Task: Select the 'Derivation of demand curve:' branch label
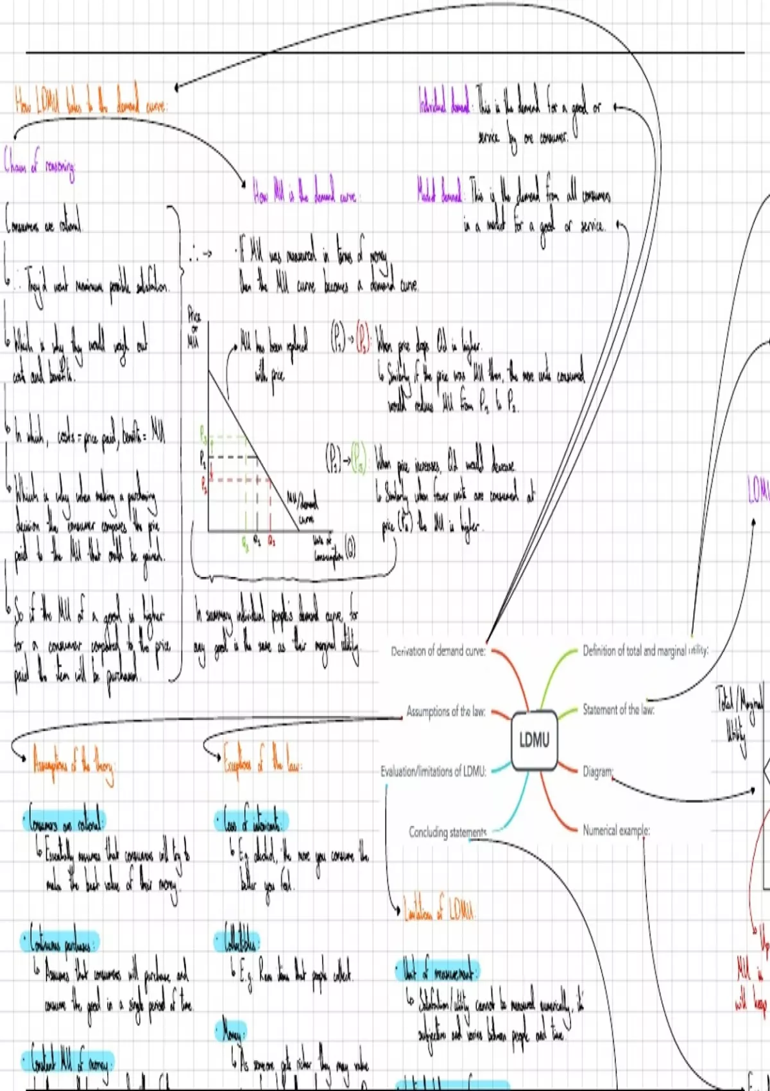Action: click(x=438, y=651)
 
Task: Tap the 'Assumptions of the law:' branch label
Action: click(x=446, y=711)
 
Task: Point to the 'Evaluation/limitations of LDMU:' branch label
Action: click(x=433, y=771)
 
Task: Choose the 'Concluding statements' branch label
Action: click(x=448, y=832)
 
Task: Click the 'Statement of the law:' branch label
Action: click(x=618, y=709)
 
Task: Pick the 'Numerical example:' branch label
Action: click(x=616, y=830)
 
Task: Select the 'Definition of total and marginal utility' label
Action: click(x=645, y=651)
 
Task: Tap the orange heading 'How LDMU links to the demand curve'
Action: click(x=91, y=103)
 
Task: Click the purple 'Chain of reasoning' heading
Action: click(x=40, y=164)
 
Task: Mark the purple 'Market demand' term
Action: click(x=440, y=193)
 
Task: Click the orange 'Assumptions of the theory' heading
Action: click(x=74, y=766)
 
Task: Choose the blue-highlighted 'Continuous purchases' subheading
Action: click(x=62, y=941)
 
